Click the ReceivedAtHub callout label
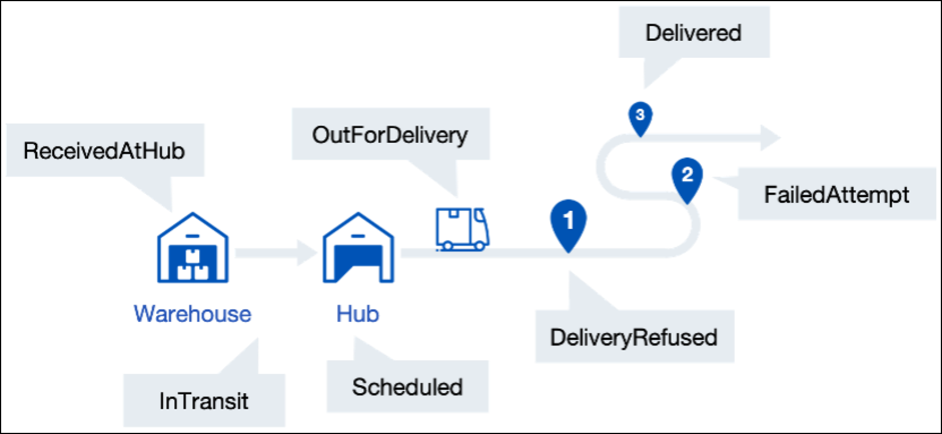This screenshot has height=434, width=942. click(105, 151)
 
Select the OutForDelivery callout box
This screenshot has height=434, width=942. click(390, 135)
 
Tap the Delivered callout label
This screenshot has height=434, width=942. click(693, 32)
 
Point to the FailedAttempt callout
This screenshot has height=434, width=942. click(836, 194)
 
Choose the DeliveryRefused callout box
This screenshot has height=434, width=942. click(634, 337)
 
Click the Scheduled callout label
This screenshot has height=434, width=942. click(408, 387)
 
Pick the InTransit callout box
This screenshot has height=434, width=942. click(204, 401)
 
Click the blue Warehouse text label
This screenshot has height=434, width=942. click(192, 313)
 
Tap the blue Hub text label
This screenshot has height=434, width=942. click(358, 313)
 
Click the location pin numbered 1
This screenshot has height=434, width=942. click(568, 222)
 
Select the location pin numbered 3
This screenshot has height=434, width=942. click(640, 116)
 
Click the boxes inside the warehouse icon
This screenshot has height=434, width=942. click(193, 265)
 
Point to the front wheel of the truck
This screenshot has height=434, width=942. click(479, 245)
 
